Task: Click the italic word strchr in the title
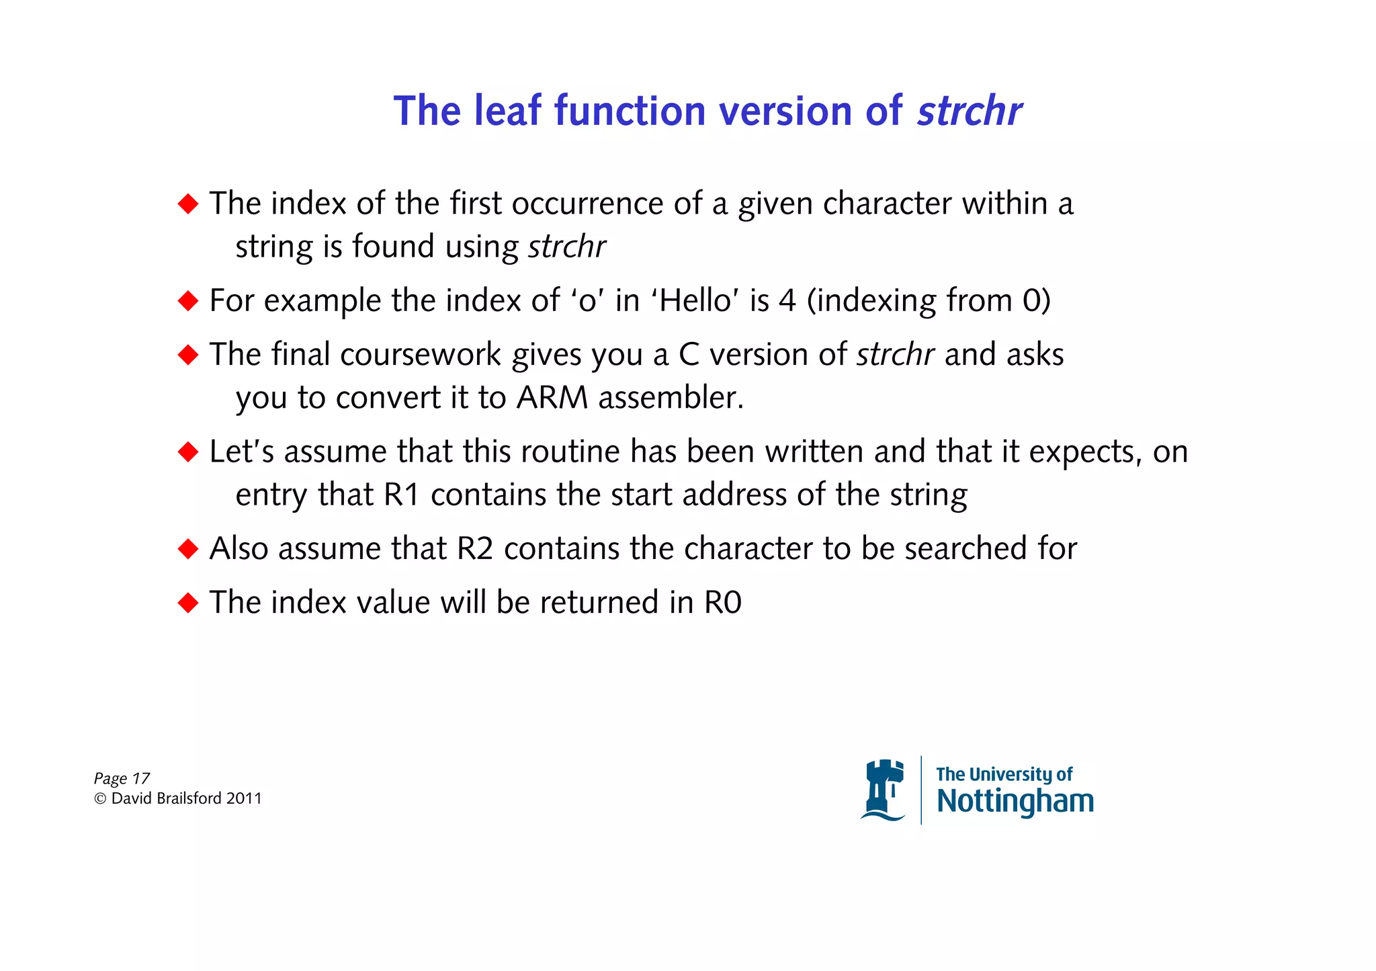pos(969,111)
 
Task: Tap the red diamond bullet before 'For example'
pos(188,300)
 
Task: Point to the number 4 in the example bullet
pos(787,300)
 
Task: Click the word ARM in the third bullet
pos(552,397)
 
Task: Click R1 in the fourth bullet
pos(401,495)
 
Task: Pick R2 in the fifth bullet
pos(474,548)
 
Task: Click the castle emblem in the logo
pos(883,790)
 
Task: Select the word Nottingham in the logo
pos(1015,801)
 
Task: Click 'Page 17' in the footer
pos(122,778)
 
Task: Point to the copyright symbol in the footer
pos(100,798)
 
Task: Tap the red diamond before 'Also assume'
pos(188,548)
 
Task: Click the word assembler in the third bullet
pos(671,397)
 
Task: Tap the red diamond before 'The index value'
pos(188,602)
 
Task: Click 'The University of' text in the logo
pos(1004,774)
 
